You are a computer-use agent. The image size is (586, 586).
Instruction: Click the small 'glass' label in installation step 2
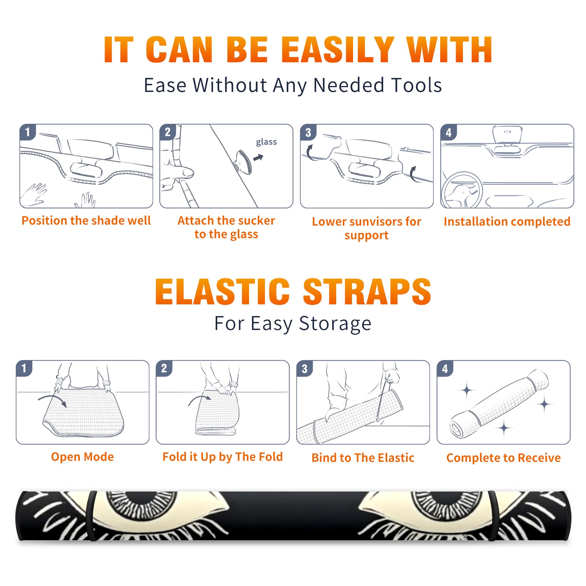click(266, 142)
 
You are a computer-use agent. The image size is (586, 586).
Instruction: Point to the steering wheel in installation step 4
click(462, 190)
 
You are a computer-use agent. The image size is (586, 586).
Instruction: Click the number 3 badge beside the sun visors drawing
click(308, 132)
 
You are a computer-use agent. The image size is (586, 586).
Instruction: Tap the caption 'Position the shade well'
click(86, 220)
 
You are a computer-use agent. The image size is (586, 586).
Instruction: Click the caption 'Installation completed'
click(507, 221)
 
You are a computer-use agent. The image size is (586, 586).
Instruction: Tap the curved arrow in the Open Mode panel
click(52, 400)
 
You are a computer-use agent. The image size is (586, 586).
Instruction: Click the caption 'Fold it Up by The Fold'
click(223, 457)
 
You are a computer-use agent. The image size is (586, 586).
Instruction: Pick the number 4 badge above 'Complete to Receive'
click(445, 368)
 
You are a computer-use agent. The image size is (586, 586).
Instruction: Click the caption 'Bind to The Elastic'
click(363, 458)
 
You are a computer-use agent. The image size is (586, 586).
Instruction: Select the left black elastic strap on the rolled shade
click(92, 516)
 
